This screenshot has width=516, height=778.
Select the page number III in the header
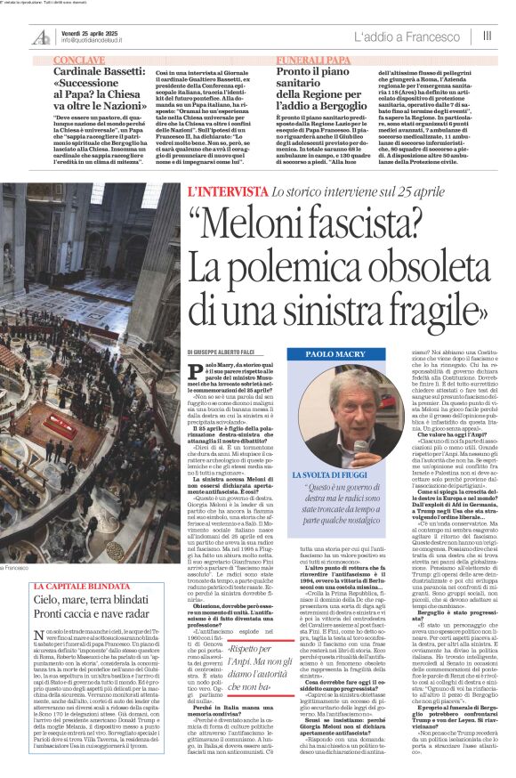487,36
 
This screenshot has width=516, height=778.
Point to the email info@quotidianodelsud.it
92,40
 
